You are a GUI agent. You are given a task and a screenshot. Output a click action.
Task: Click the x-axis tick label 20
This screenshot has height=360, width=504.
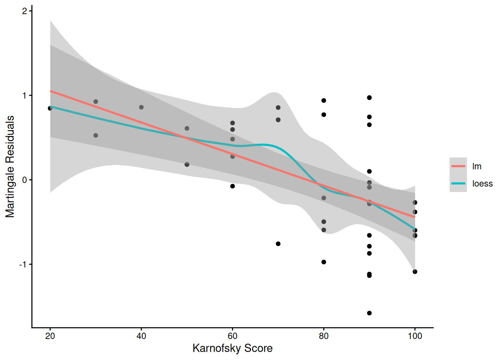pos(50,336)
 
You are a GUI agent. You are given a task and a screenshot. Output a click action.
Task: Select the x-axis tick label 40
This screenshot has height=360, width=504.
pos(141,336)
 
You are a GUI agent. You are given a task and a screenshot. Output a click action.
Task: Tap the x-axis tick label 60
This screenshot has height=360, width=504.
pos(232,336)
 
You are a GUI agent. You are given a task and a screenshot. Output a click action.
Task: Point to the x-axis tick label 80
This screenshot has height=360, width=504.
pos(324,336)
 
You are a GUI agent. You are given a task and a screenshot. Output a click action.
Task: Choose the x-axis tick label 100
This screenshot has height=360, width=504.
pos(415,336)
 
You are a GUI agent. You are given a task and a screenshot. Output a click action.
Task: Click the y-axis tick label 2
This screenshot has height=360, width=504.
pos(24,11)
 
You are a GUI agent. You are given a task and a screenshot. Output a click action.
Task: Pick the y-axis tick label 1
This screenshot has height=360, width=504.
pos(24,96)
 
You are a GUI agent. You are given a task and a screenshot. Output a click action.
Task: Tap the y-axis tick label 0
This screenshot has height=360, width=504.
pos(24,180)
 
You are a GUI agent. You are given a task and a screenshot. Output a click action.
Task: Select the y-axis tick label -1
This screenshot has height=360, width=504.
pos(23,264)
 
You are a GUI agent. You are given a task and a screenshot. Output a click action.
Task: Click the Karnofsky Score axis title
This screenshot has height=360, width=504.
pos(232,348)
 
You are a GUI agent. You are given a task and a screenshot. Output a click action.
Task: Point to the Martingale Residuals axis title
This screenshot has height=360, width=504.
pos(10,166)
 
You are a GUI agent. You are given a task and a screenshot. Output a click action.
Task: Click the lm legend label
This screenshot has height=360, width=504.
pos(477,166)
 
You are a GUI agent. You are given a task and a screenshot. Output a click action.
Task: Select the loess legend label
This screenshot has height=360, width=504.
pos(482,183)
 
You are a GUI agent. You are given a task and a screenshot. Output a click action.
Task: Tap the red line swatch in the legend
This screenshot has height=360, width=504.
pos(458,166)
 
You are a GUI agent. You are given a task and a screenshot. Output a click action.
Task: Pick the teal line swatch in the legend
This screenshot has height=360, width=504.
pos(458,183)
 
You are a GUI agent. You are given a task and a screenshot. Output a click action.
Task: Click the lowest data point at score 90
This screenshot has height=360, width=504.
pos(369,313)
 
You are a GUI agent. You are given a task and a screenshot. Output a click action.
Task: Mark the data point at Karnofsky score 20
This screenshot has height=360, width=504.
pos(50,108)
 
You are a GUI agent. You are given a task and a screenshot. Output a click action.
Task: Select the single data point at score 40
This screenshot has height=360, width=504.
pos(141,107)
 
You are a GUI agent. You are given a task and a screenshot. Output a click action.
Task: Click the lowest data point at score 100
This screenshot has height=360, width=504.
pos(415,272)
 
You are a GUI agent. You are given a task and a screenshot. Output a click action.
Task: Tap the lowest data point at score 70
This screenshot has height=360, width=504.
pos(278,244)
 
